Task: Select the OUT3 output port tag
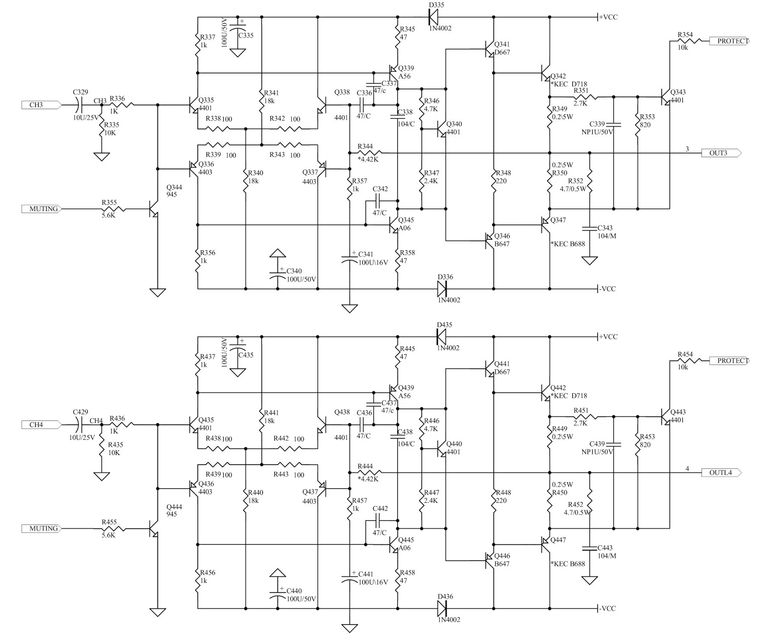click(x=721, y=153)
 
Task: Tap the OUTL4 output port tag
click(x=721, y=473)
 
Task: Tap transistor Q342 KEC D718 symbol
click(x=546, y=73)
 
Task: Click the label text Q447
click(x=558, y=540)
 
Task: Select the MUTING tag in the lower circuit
click(x=41, y=528)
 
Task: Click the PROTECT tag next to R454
click(x=730, y=361)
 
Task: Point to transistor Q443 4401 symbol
click(x=666, y=416)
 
